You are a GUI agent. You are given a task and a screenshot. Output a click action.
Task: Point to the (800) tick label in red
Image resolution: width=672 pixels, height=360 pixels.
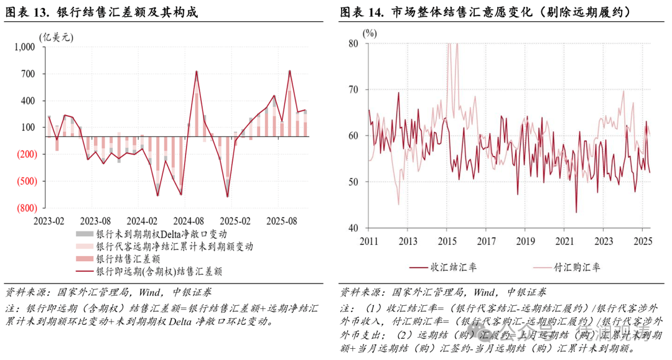[x=26, y=208]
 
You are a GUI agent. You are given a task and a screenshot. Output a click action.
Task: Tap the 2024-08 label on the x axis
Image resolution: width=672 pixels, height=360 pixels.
[x=188, y=221]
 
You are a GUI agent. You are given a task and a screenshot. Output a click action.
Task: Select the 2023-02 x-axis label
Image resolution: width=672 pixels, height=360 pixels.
[x=49, y=221]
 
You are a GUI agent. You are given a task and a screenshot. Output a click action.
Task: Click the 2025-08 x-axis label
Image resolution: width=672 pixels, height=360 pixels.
[x=282, y=221]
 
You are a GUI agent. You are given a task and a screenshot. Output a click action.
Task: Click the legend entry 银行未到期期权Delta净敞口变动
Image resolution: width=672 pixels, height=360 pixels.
[x=161, y=234]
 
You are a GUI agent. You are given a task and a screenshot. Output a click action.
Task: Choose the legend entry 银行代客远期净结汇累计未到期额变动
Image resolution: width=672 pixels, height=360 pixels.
[x=174, y=246]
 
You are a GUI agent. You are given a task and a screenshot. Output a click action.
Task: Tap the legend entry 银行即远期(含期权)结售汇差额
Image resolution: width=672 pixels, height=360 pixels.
[x=159, y=271]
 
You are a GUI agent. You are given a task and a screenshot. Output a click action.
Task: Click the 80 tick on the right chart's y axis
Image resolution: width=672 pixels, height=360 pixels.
[x=353, y=44]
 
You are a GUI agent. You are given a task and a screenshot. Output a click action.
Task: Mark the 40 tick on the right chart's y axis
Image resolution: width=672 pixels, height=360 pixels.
[x=353, y=228]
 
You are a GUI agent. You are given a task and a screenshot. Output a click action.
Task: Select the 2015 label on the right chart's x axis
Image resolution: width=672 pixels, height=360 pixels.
[x=447, y=241]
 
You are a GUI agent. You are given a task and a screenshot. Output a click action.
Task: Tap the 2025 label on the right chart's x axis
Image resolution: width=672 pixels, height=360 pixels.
[x=643, y=241]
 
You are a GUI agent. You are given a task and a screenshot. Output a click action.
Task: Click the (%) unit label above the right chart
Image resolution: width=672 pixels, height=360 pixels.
[x=370, y=32]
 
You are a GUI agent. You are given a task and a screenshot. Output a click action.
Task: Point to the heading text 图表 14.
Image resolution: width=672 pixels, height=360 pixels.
[x=363, y=12]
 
